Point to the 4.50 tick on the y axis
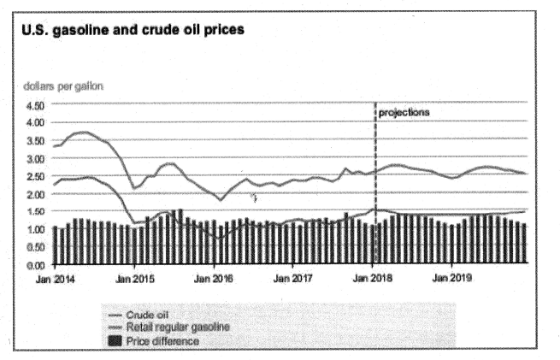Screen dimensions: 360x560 pos(35,105)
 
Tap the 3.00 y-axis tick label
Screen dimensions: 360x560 pos(35,159)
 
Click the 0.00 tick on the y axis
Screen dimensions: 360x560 pos(35,266)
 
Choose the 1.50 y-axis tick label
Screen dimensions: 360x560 pos(35,213)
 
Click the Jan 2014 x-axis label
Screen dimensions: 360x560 pos(56,279)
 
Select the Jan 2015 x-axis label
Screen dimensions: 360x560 pos(135,279)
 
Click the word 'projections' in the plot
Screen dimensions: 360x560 pos(404,113)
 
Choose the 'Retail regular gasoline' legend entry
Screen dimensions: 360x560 pos(177,327)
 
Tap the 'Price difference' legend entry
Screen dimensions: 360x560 pos(162,340)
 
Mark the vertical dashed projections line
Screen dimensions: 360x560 pos(375,171)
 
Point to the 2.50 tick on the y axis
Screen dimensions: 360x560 pos(35,177)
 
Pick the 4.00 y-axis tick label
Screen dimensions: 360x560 pos(35,123)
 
